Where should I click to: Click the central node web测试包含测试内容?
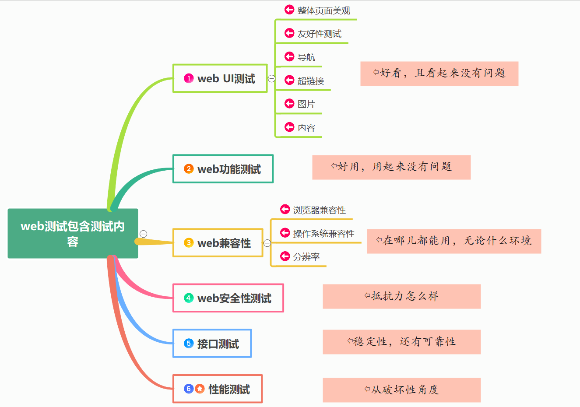tap(73, 233)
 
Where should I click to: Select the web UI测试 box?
tap(220, 79)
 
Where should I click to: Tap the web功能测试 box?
tap(223, 169)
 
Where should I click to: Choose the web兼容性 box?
tap(218, 243)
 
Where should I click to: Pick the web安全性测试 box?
tap(228, 298)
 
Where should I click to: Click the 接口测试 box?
tap(212, 344)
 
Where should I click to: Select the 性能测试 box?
tap(218, 389)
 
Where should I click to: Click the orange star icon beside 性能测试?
tap(200, 389)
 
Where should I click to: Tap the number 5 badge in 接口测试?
tap(189, 344)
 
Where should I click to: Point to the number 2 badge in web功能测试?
tap(189, 169)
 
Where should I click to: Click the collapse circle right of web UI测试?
tap(272, 79)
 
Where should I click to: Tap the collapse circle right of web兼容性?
tap(267, 243)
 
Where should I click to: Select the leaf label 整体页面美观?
tap(323, 11)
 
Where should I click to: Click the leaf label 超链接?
tap(311, 81)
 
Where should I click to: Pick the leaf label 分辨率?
tap(306, 257)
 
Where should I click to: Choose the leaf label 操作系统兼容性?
tap(323, 234)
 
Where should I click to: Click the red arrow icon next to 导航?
tap(289, 56)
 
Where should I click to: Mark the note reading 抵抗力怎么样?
tap(402, 296)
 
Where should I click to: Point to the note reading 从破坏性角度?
tap(402, 390)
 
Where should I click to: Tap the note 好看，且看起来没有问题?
tap(439, 74)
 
